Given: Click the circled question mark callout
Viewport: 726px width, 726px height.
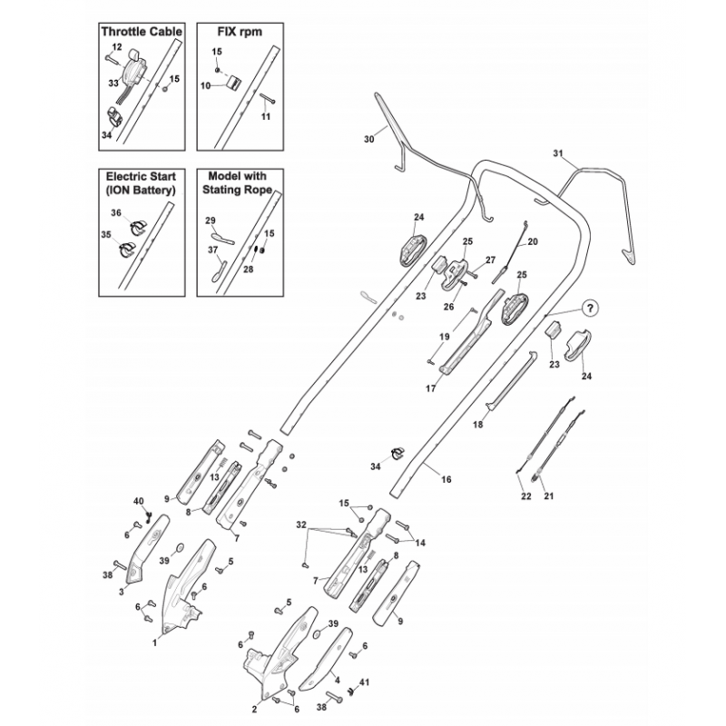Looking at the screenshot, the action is tap(589, 308).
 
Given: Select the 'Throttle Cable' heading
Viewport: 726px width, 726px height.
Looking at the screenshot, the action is tap(142, 32).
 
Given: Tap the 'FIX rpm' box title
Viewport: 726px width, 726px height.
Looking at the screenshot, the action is tap(240, 32).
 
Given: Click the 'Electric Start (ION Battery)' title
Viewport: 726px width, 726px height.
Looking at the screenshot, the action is tap(142, 183).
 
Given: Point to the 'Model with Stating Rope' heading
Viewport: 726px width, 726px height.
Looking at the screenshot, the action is tap(237, 183).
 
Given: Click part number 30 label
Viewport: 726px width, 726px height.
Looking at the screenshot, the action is tap(369, 139).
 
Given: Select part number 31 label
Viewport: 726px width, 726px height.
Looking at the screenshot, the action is tap(558, 153).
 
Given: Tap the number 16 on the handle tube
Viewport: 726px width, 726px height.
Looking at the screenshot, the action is tap(446, 480).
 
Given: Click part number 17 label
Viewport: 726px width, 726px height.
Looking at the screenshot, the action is tap(430, 389).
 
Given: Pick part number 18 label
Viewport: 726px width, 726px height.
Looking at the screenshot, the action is tap(478, 424).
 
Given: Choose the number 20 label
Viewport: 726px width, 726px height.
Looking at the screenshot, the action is tap(533, 241).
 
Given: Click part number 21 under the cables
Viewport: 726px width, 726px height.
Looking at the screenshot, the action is tap(549, 496).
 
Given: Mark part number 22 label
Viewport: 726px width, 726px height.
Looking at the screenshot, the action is tap(526, 496).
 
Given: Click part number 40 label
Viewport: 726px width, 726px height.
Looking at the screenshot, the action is tap(139, 502).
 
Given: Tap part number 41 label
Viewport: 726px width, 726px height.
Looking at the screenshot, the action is tap(365, 682).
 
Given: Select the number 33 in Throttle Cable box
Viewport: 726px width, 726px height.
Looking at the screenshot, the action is tap(113, 83).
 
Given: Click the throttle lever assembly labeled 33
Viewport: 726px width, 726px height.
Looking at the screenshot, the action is tap(132, 70).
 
